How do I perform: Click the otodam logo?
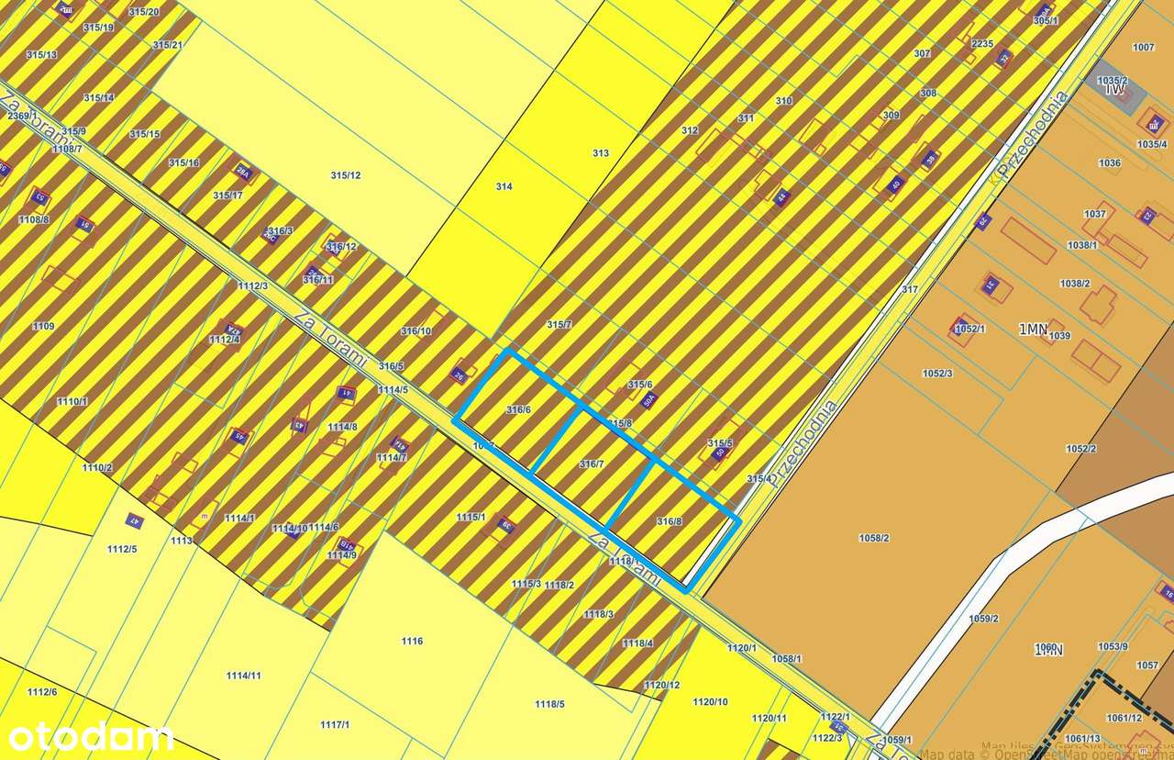tap(90, 736)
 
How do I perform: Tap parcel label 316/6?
tap(518, 409)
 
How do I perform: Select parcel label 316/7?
tap(592, 464)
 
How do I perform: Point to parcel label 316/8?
tap(670, 521)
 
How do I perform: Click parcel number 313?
tap(601, 153)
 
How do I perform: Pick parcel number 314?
tap(504, 186)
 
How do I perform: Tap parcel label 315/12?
tap(346, 175)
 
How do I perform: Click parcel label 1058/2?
tap(874, 537)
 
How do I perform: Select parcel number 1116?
tap(412, 641)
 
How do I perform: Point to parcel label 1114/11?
tap(244, 676)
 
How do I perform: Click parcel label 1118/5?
tap(549, 704)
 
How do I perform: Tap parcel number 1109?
tap(43, 327)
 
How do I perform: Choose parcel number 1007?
tap(1144, 47)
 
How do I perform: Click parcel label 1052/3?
tap(937, 373)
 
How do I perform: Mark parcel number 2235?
tap(982, 44)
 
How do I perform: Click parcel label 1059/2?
tap(983, 619)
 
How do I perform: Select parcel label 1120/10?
tap(710, 701)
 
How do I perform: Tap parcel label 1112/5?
tap(121, 549)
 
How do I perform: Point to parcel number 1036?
tap(1109, 163)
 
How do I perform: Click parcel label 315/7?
tap(559, 325)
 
